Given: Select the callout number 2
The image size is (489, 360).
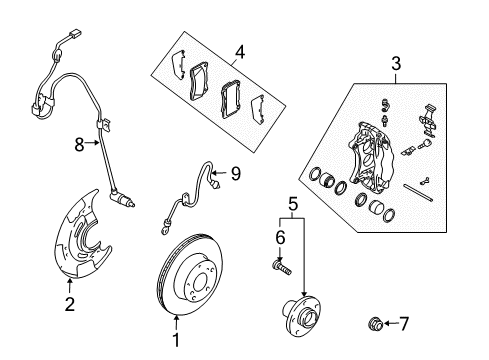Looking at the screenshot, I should coord(69,331).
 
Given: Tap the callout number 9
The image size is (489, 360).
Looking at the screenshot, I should coord(236,173).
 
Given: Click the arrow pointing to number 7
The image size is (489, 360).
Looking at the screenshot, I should coord(412,324).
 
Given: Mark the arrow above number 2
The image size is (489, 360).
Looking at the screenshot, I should coord(69,312).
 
